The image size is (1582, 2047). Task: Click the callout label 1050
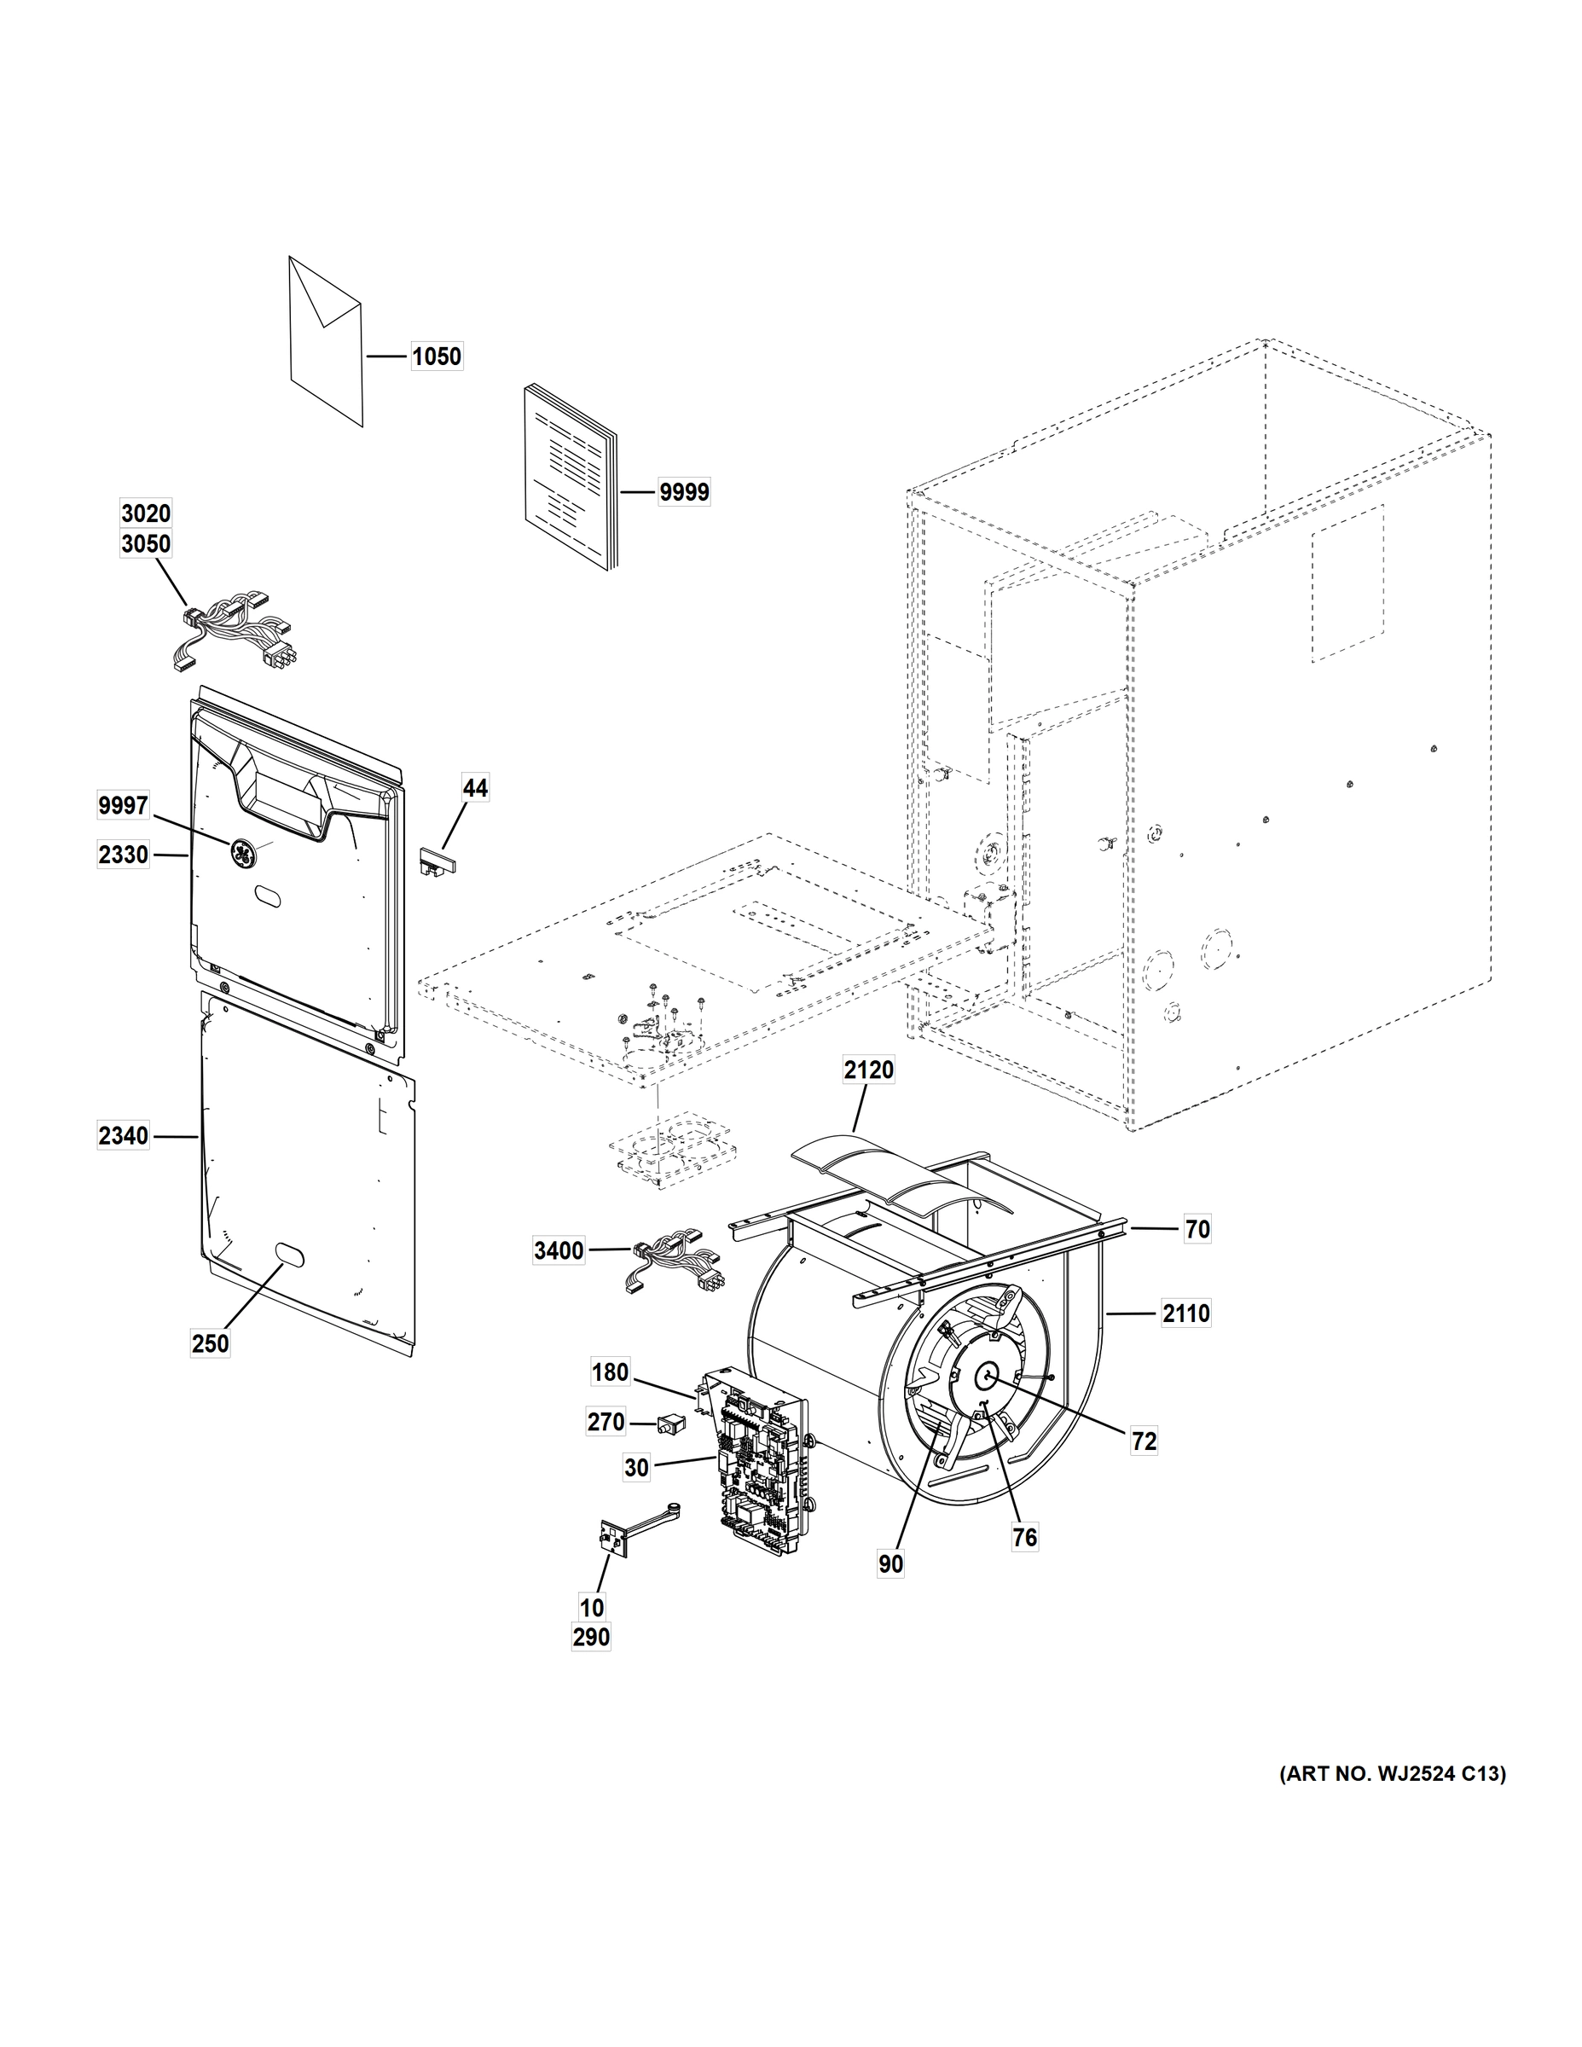[x=437, y=357]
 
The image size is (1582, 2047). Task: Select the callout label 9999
[x=683, y=492]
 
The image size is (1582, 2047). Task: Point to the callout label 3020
[x=146, y=513]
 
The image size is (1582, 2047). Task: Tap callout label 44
[x=475, y=789]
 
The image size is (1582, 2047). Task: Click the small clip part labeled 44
[x=435, y=860]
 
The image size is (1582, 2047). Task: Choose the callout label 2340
[x=124, y=1136]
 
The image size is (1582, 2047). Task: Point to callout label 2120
[x=868, y=1070]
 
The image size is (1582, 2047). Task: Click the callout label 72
[x=1144, y=1441]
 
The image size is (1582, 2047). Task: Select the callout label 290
[x=591, y=1638]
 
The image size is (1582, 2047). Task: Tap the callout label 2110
[x=1186, y=1314]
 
